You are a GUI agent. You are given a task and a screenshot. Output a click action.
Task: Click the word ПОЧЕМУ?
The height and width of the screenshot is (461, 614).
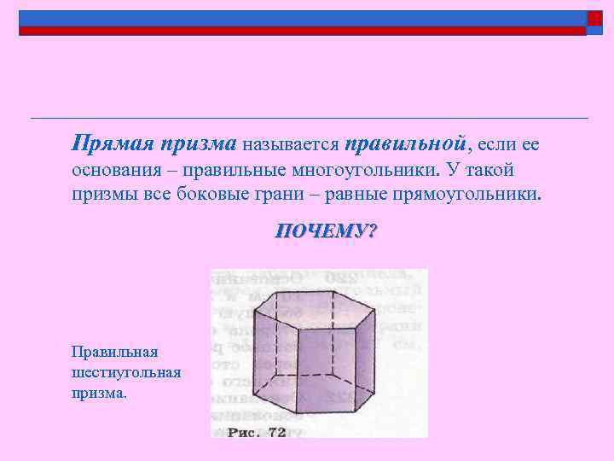[x=325, y=231]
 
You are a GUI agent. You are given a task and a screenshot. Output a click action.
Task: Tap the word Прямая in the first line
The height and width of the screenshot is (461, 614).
[x=105, y=142]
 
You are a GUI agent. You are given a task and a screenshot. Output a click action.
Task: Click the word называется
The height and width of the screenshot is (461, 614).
[x=290, y=143]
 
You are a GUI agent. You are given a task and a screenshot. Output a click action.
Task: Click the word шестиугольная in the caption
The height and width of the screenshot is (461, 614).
[x=126, y=373]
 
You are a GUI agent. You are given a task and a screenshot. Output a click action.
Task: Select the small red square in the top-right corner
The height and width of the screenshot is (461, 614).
[x=594, y=19]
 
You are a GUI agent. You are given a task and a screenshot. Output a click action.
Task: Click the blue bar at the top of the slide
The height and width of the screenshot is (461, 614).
[x=298, y=18]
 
